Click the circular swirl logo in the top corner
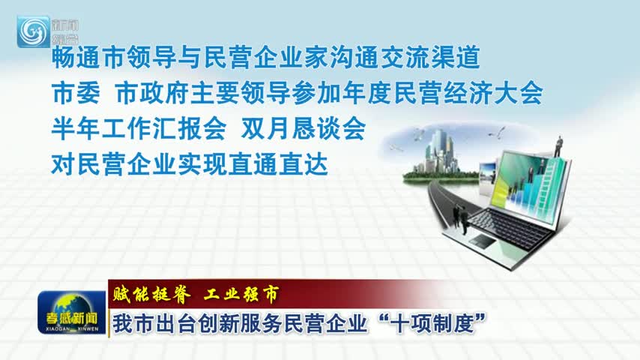[34, 31]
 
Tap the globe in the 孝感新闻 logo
[70, 307]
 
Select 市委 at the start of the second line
[76, 93]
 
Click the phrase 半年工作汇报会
[139, 129]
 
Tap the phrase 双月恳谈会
[303, 129]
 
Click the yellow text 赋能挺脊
[152, 294]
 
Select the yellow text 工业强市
[241, 294]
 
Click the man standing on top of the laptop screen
[558, 147]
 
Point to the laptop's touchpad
[482, 240]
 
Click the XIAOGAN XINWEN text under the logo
[72, 329]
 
